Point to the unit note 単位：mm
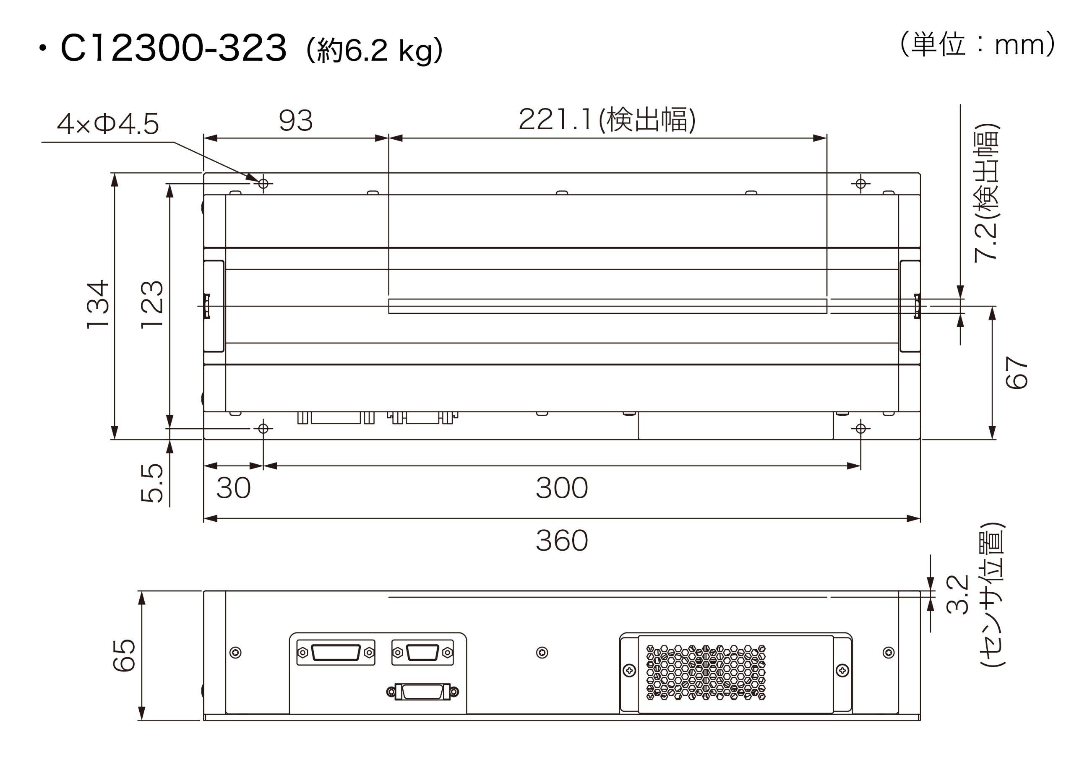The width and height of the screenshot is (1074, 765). point(978,45)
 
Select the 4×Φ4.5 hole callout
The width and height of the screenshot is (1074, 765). point(107,124)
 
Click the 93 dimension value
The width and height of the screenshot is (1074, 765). point(295,121)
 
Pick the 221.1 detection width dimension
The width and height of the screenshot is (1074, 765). point(607,119)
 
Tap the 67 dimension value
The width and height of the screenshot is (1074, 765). point(1016,372)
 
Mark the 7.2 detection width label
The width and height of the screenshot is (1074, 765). point(986,193)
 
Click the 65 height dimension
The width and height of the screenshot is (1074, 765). point(124,655)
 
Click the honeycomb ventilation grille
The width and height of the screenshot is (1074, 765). point(705,672)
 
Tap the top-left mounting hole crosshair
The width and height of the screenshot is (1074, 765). point(263,183)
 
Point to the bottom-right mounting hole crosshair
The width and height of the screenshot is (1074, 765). point(860,428)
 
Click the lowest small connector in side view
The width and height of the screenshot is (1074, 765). point(422,692)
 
